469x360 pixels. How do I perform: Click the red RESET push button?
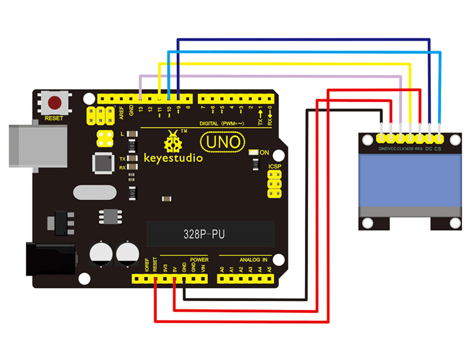click(56, 102)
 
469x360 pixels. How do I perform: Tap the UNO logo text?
click(223, 142)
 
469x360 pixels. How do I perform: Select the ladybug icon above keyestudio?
click(172, 140)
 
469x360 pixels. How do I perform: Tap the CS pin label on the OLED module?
click(438, 149)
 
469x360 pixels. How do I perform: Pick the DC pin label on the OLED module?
click(428, 149)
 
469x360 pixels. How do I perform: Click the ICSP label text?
click(275, 167)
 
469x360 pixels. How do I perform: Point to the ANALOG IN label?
click(253, 260)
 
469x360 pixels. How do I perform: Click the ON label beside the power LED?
click(265, 153)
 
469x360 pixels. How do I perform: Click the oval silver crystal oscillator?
click(94, 192)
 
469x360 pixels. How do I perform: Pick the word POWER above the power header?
click(199, 260)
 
